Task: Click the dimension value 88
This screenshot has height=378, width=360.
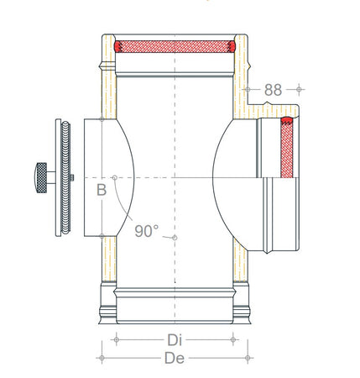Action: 273,89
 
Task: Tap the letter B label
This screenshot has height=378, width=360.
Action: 101,190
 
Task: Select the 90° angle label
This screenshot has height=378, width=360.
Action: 146,230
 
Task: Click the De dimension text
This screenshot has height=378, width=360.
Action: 175,359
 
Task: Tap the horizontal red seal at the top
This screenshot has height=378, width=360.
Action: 175,45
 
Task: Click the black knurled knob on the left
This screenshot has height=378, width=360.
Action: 42,177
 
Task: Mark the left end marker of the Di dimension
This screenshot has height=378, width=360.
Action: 116,339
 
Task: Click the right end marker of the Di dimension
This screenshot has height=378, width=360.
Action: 232,339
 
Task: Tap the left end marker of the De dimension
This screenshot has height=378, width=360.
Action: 102,358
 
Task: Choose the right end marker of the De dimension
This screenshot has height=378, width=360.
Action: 248,358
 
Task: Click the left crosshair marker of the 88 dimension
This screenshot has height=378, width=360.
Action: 248,87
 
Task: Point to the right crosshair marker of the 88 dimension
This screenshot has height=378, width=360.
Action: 298,87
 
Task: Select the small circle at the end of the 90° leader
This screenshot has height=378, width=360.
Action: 174,238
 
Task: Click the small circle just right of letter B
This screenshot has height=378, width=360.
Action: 115,178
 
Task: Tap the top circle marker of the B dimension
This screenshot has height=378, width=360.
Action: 102,119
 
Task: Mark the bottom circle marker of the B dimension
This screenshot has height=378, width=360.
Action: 102,236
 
